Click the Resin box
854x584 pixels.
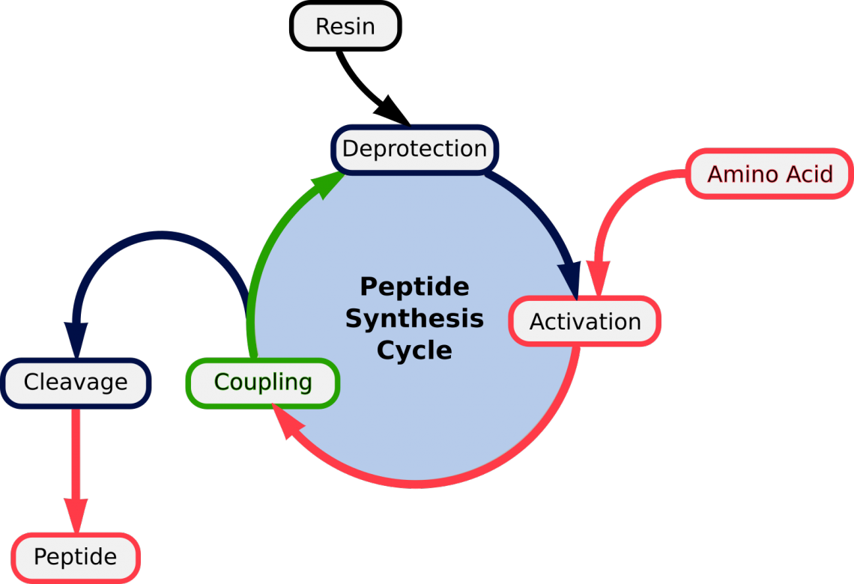tap(345, 26)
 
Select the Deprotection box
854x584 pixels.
tap(414, 148)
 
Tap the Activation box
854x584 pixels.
tap(585, 322)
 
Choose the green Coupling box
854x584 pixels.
tap(263, 383)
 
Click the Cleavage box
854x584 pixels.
tap(76, 383)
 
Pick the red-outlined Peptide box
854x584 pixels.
tap(76, 557)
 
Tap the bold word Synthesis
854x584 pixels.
tap(414, 319)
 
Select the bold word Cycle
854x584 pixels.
tap(414, 350)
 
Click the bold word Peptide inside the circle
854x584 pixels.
tap(414, 287)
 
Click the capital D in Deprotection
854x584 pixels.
tap(350, 148)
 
